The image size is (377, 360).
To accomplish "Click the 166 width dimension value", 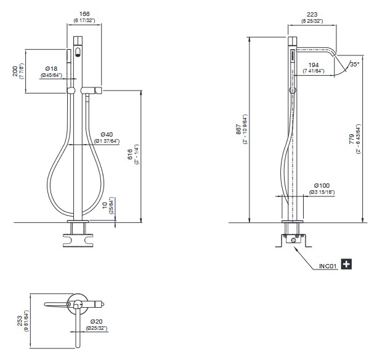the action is pyautogui.click(x=84, y=14).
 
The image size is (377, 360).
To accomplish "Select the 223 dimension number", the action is pyautogui.click(x=312, y=15).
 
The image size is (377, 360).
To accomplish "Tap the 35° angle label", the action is pyautogui.click(x=355, y=65).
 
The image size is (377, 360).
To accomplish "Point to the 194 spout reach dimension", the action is pyautogui.click(x=314, y=65).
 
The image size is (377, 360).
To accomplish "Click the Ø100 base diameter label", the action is pyautogui.click(x=322, y=185).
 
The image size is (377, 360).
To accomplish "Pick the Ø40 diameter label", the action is pyautogui.click(x=107, y=135).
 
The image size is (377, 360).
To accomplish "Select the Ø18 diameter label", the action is pyautogui.click(x=51, y=69).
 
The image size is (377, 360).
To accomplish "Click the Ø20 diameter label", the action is pyautogui.click(x=97, y=321).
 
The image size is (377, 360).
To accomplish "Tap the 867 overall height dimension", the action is pyautogui.click(x=238, y=129).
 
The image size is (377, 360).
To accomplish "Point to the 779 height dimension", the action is pyautogui.click(x=352, y=139).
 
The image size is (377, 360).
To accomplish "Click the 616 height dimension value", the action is pyautogui.click(x=130, y=154).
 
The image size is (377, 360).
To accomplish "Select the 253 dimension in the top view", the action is pyautogui.click(x=20, y=321).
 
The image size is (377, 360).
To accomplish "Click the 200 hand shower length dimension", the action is pyautogui.click(x=15, y=71).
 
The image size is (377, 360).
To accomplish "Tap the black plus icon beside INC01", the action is pyautogui.click(x=346, y=264).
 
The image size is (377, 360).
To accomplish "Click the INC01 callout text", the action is pyautogui.click(x=328, y=266).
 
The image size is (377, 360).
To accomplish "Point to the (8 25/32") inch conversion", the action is pyautogui.click(x=312, y=21).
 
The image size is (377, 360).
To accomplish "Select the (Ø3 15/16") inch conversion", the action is pyautogui.click(x=322, y=192).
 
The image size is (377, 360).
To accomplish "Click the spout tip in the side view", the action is pyautogui.click(x=334, y=55).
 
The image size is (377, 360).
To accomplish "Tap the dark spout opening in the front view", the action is pyautogui.click(x=78, y=52).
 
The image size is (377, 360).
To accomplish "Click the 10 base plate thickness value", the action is pyautogui.click(x=105, y=206).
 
